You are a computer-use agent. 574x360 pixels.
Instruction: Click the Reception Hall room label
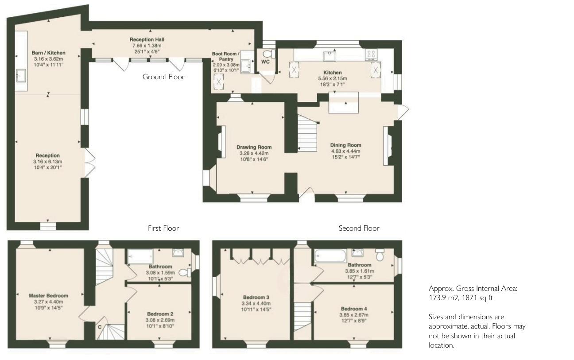[x=147, y=39]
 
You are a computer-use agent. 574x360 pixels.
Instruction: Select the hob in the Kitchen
[x=371, y=54]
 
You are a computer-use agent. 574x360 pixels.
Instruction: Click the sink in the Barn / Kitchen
[x=21, y=76]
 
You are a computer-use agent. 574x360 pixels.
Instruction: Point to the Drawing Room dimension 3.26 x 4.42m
[x=254, y=153]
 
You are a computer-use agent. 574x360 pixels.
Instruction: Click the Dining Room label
[x=345, y=145]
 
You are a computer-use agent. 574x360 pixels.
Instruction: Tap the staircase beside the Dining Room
[x=307, y=133]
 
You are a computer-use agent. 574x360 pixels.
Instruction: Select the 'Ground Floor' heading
[x=163, y=77]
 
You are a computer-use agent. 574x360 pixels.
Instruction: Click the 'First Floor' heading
[x=163, y=228]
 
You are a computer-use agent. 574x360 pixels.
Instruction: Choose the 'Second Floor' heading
[x=359, y=228]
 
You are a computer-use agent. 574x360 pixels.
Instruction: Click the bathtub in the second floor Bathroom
[x=330, y=255]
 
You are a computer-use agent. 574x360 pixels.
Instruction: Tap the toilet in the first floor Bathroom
[x=185, y=272]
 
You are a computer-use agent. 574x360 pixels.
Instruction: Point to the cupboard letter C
[x=100, y=327]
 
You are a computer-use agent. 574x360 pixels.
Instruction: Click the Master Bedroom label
[x=48, y=295]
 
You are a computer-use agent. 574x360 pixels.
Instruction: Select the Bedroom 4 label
[x=354, y=309]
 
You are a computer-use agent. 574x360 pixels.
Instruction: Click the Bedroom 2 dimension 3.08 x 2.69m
[x=160, y=320]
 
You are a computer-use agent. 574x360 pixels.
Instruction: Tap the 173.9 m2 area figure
[x=442, y=298]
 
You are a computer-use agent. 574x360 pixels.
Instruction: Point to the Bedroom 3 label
[x=256, y=297]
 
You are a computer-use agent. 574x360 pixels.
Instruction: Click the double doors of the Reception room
[x=90, y=163]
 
